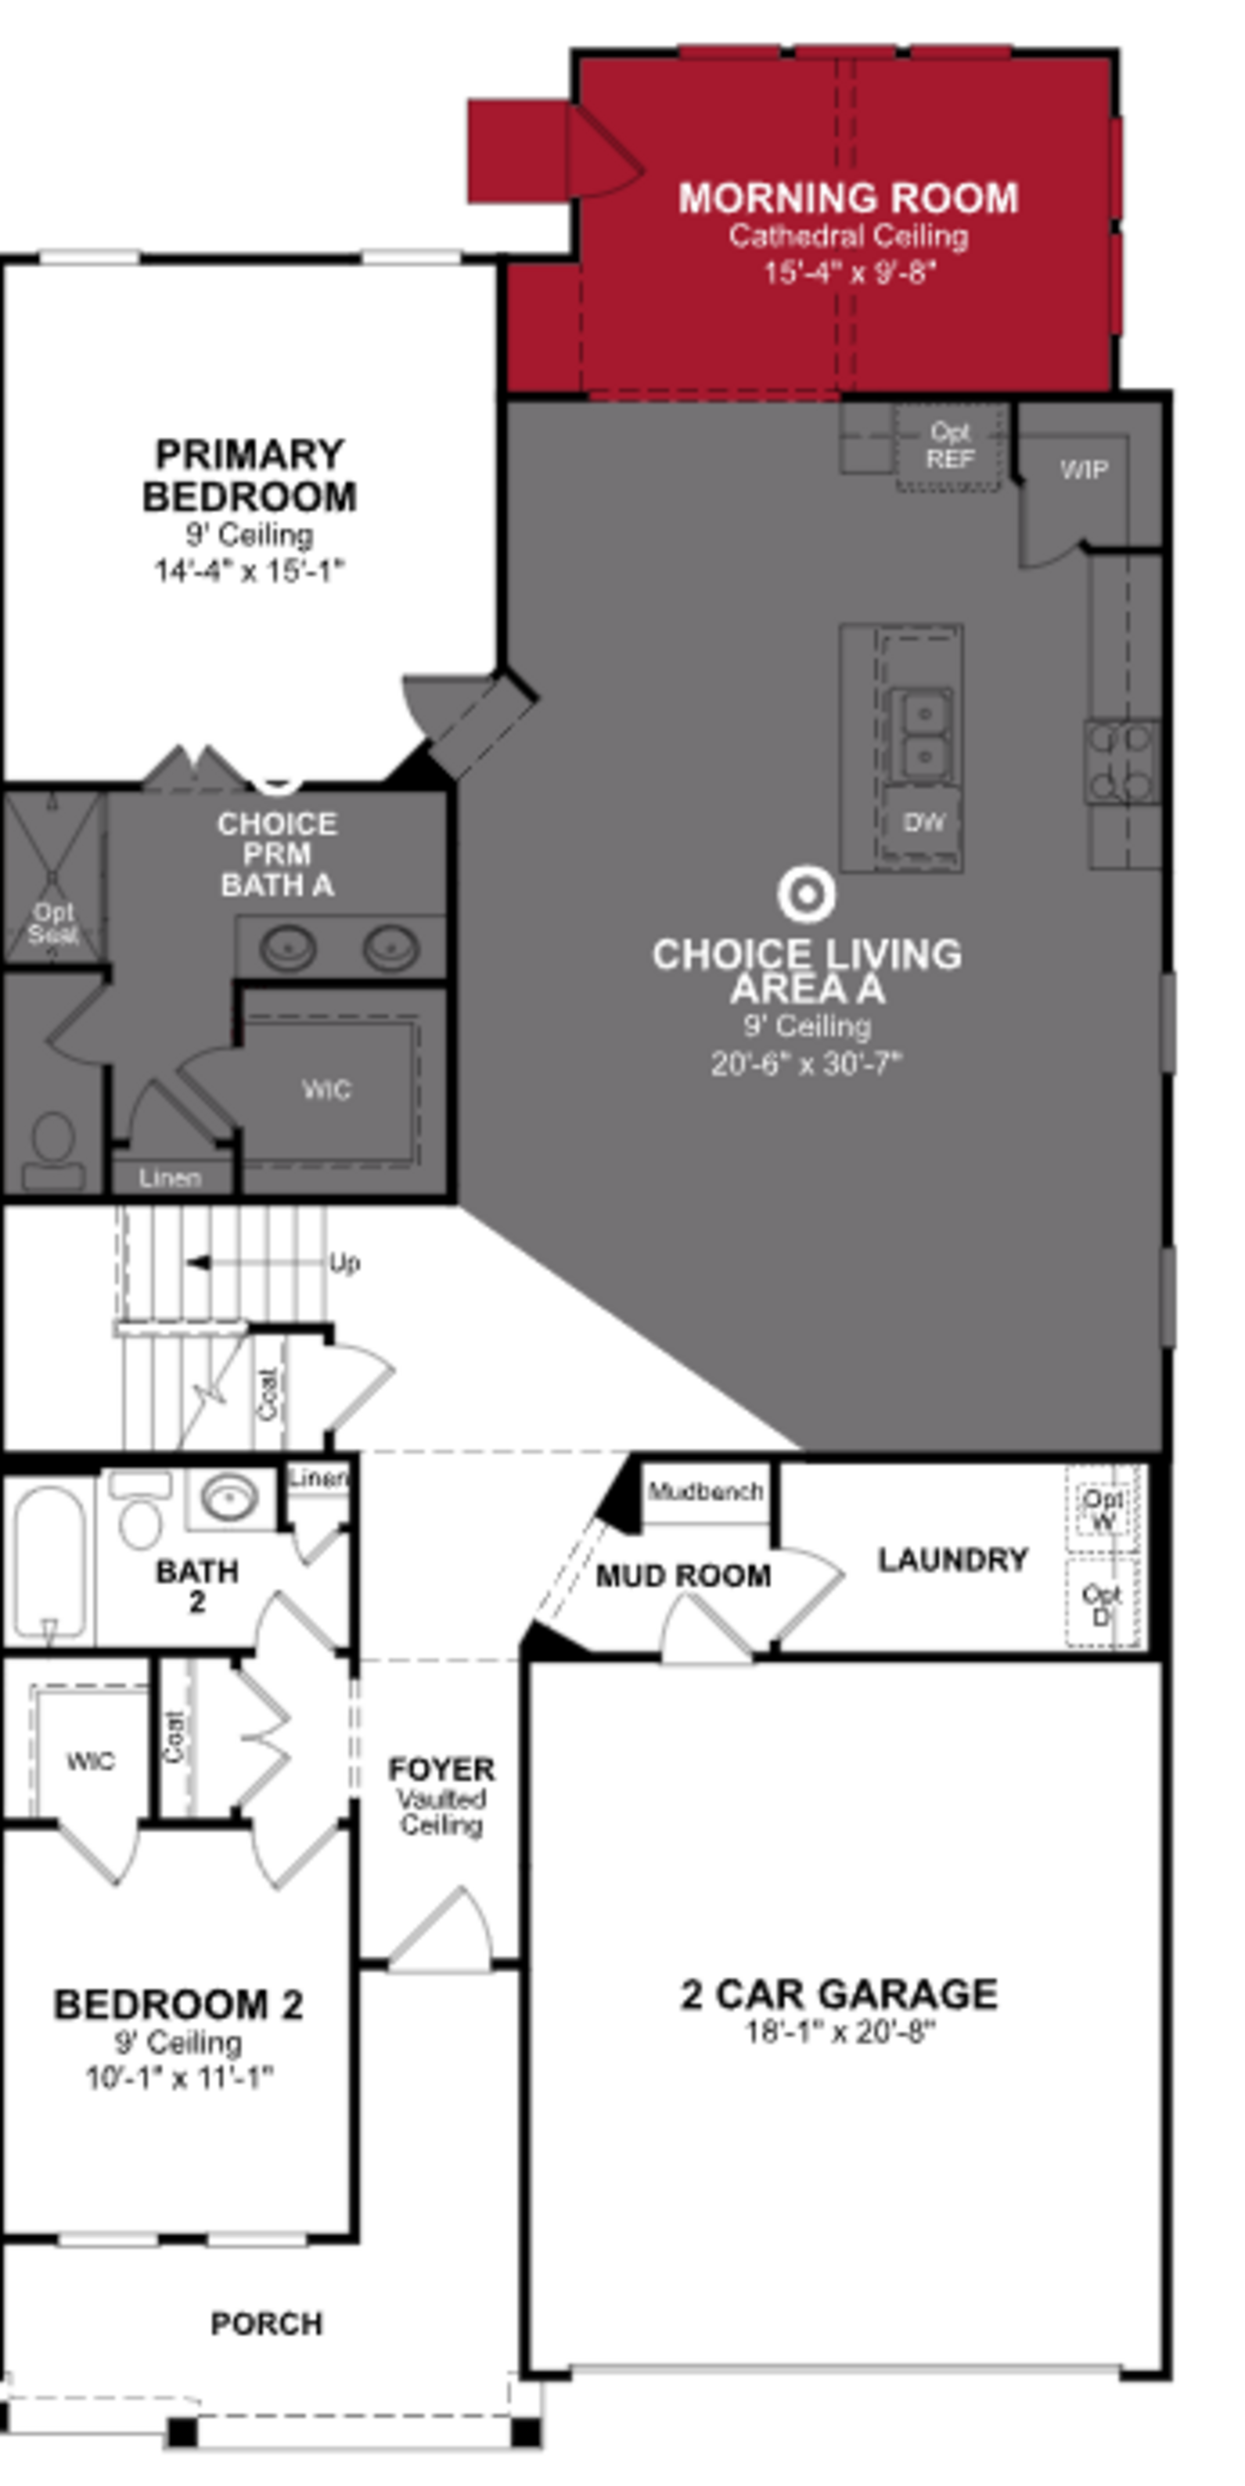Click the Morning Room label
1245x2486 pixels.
[848, 199]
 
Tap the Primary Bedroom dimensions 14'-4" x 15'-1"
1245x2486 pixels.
[249, 571]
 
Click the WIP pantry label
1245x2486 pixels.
[1083, 470]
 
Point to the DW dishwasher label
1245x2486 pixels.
[923, 822]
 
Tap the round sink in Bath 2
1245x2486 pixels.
[230, 1499]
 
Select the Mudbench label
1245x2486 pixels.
[705, 1491]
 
